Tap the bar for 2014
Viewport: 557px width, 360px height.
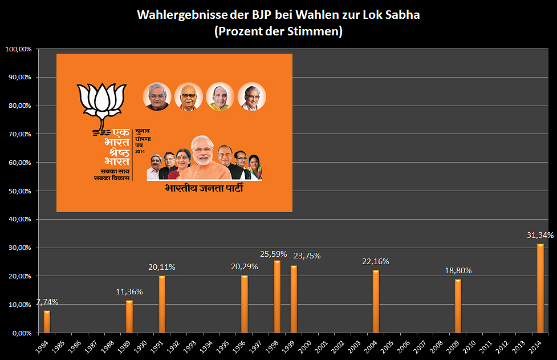(540, 289)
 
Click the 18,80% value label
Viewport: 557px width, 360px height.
(458, 270)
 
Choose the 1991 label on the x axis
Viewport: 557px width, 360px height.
(160, 346)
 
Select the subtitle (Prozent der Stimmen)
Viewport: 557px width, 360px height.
(278, 31)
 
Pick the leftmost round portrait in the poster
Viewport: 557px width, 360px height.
(156, 96)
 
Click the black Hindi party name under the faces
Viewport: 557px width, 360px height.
(204, 188)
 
